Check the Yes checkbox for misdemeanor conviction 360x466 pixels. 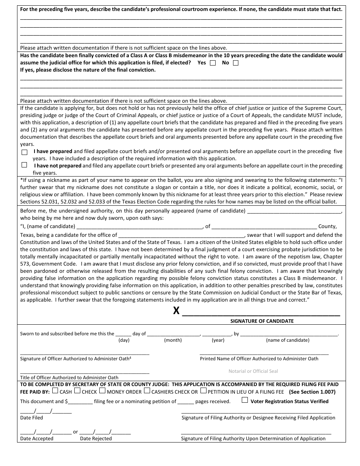tap(213, 63)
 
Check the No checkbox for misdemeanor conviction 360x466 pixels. tap(236, 63)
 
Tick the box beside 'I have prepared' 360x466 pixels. tap(25, 152)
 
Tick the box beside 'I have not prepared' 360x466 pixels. tap(25, 165)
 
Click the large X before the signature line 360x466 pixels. tap(176, 311)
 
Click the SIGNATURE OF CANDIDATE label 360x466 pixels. tap(262, 321)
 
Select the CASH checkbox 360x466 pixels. tap(55, 391)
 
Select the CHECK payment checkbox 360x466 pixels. tap(77, 391)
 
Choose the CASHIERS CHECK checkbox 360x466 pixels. tap(147, 391)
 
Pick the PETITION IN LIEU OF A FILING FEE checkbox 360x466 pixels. tap(203, 391)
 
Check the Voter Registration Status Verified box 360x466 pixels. tap(245, 400)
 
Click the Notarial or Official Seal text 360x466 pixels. tap(253, 371)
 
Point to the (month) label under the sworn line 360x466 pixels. tap(173, 340)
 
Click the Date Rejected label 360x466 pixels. tap(96, 439)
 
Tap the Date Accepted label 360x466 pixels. tap(37, 439)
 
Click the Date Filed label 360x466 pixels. tap(31, 418)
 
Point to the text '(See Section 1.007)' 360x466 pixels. tap(312, 392)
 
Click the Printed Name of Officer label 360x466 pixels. tap(259, 359)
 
